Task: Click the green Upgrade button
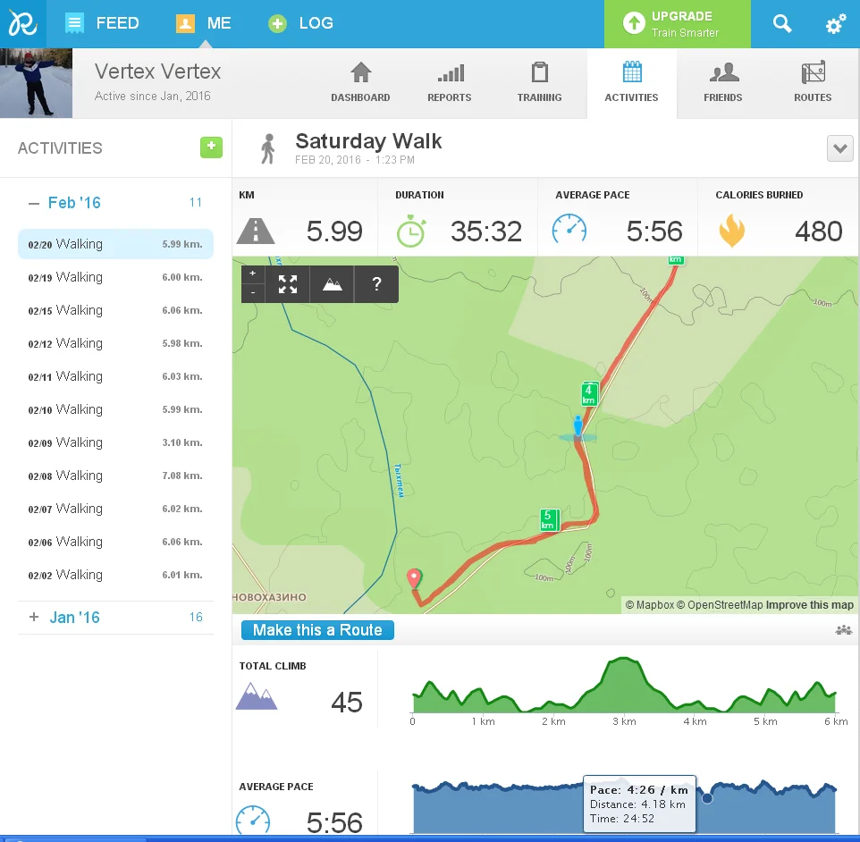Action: point(676,24)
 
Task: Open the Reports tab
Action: point(450,83)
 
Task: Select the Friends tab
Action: point(722,83)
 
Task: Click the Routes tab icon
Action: point(813,73)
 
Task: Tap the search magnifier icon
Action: point(782,24)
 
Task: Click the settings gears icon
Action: point(836,24)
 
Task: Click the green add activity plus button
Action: point(211,147)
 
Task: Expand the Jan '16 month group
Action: point(34,617)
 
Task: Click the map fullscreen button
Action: point(287,284)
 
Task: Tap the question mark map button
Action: point(376,284)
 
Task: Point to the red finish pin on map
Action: point(414,578)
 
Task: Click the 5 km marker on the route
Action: point(549,519)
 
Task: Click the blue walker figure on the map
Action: point(578,427)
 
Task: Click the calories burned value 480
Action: point(818,232)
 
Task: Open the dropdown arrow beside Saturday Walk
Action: point(839,148)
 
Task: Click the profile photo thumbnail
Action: point(36,83)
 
